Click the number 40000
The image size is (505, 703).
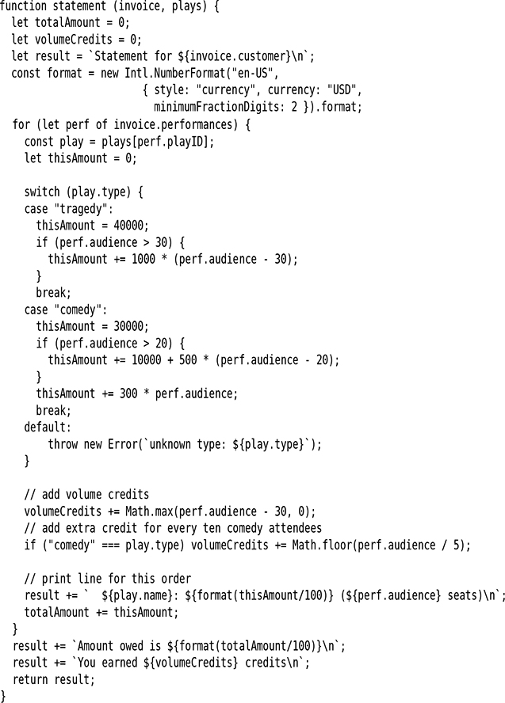130,225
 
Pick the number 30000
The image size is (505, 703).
130,325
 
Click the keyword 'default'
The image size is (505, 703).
46,427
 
